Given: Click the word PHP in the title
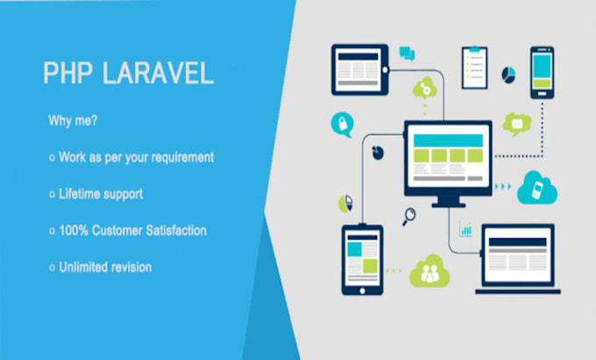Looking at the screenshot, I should pyautogui.click(x=67, y=74).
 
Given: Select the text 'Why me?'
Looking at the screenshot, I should pyautogui.click(x=66, y=123).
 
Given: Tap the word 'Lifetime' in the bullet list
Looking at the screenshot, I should pyautogui.click(x=82, y=194).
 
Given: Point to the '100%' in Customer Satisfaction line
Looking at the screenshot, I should pyautogui.click(x=74, y=230).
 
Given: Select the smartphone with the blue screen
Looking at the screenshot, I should pyautogui.click(x=542, y=73).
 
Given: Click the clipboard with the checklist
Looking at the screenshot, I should pyautogui.click(x=473, y=67).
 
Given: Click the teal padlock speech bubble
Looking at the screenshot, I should pyautogui.click(x=341, y=123).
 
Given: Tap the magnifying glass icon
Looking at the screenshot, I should pyautogui.click(x=409, y=215).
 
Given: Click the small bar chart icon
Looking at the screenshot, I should pyautogui.click(x=466, y=229).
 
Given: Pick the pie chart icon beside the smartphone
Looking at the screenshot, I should pyautogui.click(x=507, y=74).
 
